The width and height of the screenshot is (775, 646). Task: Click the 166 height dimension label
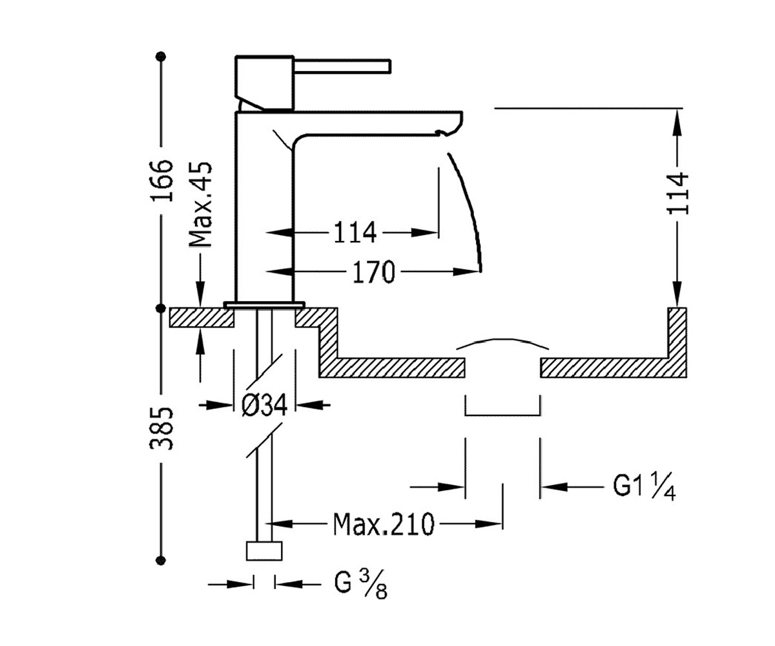(x=161, y=180)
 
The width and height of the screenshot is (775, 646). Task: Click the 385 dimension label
(x=161, y=428)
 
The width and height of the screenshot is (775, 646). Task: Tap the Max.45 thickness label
(x=200, y=204)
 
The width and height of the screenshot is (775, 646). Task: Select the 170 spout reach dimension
(x=374, y=272)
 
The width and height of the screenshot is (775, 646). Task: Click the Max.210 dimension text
(x=384, y=524)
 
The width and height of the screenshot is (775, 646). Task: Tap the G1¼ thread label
(x=644, y=487)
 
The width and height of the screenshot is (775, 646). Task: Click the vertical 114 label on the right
(x=677, y=193)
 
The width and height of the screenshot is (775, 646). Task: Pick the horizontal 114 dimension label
(x=355, y=233)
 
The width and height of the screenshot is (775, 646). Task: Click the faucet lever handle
(x=342, y=65)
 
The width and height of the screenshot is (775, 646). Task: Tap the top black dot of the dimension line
(x=161, y=56)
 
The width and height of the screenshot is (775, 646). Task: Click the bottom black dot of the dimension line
(x=161, y=560)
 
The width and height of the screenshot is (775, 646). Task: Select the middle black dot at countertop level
(x=161, y=308)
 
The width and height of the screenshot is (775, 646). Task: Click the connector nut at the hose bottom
(x=264, y=551)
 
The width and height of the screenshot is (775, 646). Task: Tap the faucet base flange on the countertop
(x=264, y=304)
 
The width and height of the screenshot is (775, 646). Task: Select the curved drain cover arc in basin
(x=502, y=340)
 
